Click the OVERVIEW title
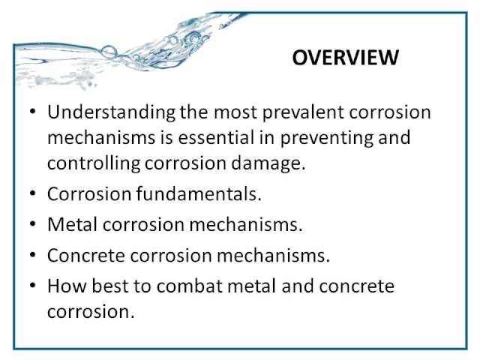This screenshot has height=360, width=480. coord(345,57)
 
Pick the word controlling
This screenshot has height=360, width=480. coord(94,163)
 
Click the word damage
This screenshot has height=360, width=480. coord(268,164)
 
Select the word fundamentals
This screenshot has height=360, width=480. coord(199,194)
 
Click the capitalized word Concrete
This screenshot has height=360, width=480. coord(86,255)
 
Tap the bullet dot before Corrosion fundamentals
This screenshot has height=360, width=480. coord(33,194)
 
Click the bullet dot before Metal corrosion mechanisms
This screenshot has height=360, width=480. coord(33,224)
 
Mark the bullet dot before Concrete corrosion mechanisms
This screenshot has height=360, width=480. coord(33,255)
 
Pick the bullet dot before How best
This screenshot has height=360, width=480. coord(33,286)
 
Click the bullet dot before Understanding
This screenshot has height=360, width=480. coord(33,112)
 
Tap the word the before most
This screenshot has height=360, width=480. coord(194,112)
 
